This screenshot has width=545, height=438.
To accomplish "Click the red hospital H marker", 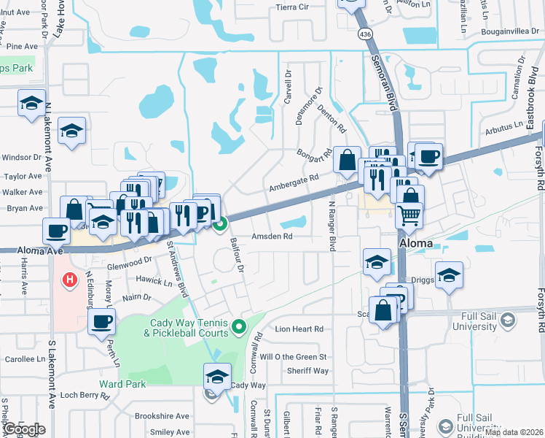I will (70, 279).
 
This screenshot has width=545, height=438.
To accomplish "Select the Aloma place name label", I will (417, 242).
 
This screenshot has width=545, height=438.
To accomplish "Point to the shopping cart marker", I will (409, 215).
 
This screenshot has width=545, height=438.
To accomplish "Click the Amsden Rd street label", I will (272, 237).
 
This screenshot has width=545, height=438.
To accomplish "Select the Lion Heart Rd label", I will (299, 329).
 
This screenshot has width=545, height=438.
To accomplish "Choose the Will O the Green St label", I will (294, 357).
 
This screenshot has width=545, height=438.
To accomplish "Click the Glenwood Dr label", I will (128, 266).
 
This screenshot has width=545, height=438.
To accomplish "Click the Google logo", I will (23, 429).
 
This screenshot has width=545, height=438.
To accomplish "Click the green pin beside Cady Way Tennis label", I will (239, 326).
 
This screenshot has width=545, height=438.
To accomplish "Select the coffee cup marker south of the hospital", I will (101, 321).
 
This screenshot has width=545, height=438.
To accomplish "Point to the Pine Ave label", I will (21, 46).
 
